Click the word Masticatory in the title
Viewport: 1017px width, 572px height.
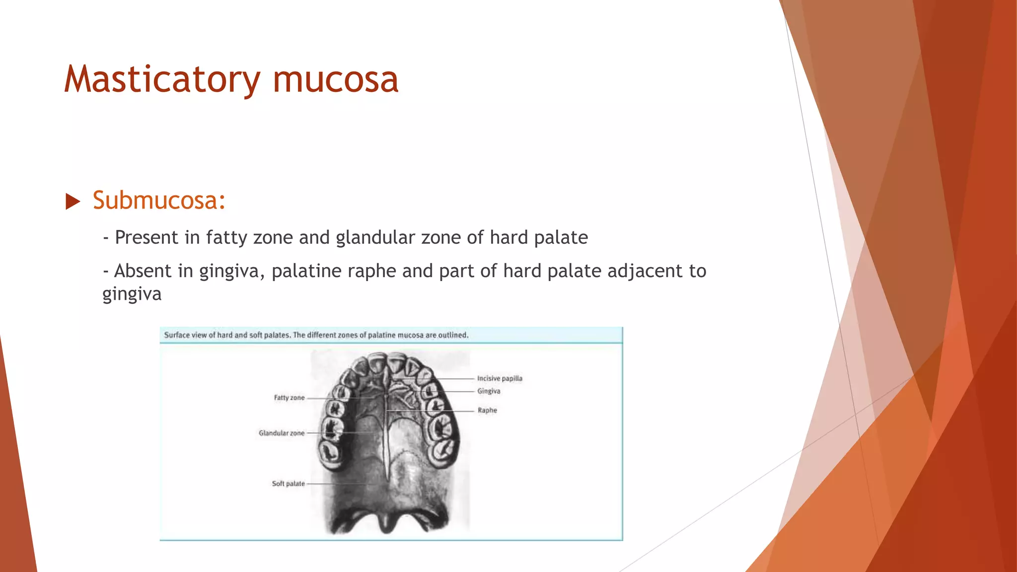tap(162, 79)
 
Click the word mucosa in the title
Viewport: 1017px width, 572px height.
tap(336, 79)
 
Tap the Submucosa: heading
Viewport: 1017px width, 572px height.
tap(159, 201)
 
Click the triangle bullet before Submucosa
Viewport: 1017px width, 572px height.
tap(73, 202)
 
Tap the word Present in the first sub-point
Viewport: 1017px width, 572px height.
tap(146, 237)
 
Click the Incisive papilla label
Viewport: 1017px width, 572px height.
tap(500, 378)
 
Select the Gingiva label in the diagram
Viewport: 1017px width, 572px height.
tap(489, 391)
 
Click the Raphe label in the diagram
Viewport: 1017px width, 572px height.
tap(487, 410)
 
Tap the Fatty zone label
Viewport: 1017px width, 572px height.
tap(289, 398)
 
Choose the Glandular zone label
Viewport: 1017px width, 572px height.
tap(282, 433)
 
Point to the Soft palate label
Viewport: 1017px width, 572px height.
tap(288, 484)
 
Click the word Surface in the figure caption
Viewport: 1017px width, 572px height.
tap(177, 335)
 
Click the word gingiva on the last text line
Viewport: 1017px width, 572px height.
tap(132, 294)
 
